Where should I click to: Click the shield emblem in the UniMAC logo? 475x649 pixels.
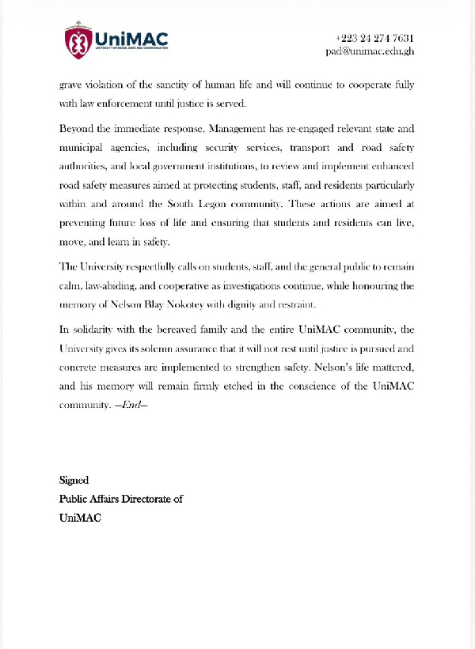click(x=78, y=41)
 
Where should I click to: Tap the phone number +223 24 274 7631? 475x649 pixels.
click(x=375, y=38)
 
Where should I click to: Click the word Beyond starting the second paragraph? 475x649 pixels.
click(x=78, y=128)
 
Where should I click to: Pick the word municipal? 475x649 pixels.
click(x=83, y=148)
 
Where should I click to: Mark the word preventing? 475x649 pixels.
click(x=86, y=223)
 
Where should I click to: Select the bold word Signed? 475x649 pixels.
click(x=74, y=480)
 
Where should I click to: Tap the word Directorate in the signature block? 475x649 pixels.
click(x=145, y=499)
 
